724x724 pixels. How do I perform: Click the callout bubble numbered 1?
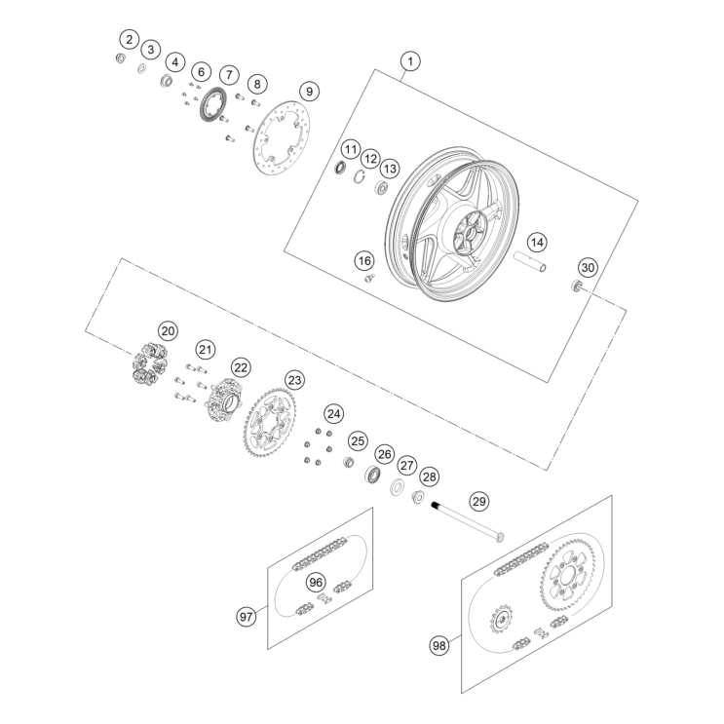point(410,61)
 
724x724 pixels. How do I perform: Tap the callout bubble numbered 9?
point(309,92)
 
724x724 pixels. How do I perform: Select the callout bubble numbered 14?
point(537,243)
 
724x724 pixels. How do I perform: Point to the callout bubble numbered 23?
point(294,380)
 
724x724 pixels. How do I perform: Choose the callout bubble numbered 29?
point(478,502)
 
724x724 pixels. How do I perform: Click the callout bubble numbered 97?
point(247,617)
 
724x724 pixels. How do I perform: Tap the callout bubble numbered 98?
point(439,645)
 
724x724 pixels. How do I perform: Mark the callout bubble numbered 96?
point(316,583)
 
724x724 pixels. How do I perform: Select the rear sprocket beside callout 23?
point(249,425)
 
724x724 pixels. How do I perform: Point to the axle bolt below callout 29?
point(468,521)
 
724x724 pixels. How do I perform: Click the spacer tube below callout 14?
point(531,261)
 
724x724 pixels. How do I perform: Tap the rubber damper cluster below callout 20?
point(149,363)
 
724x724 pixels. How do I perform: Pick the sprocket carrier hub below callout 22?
point(224,400)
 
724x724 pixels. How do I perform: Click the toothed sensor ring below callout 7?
point(205,106)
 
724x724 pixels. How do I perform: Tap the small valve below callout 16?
point(369,278)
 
